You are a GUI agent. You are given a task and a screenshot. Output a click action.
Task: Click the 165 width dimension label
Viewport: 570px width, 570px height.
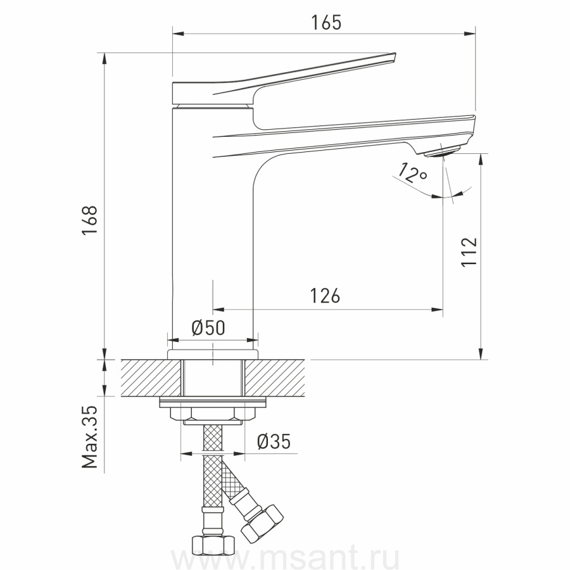[x=326, y=23]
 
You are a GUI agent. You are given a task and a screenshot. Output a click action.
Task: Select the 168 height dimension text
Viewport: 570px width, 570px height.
[x=90, y=220]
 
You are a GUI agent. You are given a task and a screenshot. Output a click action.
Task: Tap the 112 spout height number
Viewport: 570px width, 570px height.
[x=469, y=252]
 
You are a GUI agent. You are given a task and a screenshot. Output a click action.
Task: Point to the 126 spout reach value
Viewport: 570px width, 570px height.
[x=325, y=296]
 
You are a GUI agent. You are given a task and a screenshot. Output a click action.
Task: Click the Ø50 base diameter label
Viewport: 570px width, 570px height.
[x=208, y=328]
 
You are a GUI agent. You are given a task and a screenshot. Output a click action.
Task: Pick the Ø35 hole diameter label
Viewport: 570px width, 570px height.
[x=274, y=441]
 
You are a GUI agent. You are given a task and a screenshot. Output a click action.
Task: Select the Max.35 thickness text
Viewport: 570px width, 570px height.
[x=90, y=436]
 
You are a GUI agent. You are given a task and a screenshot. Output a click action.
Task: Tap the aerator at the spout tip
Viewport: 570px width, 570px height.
[x=443, y=151]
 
